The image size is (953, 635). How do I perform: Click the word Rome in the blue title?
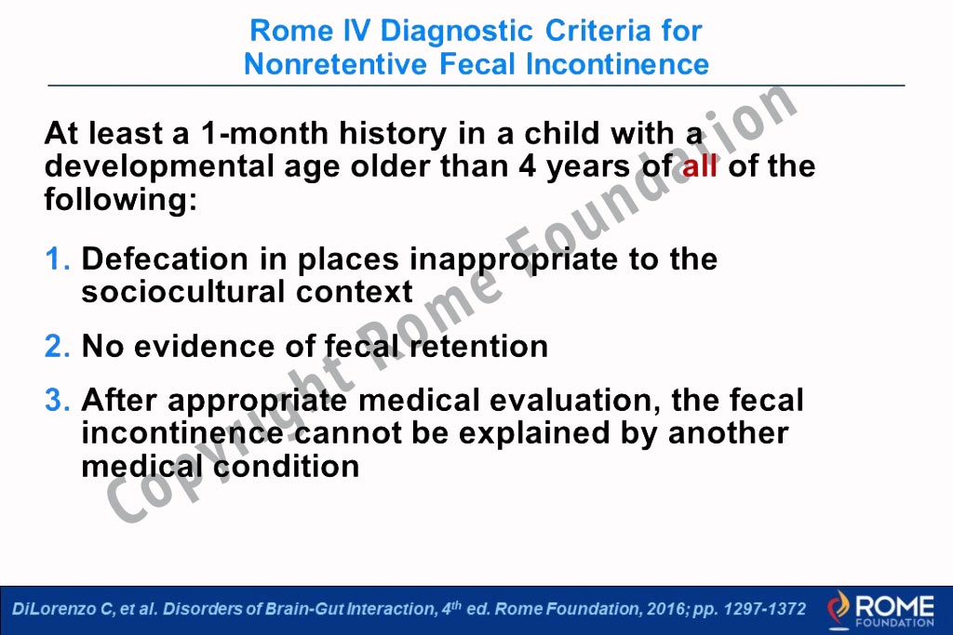pos(291,31)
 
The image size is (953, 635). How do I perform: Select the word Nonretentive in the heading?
pos(335,64)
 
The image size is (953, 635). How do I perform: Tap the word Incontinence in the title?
pos(617,64)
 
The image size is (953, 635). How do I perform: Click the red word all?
pos(700,165)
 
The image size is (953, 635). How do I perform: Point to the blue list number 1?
pos(57,259)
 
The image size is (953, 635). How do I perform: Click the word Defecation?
pos(165,259)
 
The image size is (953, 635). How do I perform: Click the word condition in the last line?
pos(287,467)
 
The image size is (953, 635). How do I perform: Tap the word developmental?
pos(159,166)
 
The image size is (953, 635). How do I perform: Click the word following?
pos(121,200)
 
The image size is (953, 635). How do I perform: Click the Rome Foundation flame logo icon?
pos(839,609)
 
